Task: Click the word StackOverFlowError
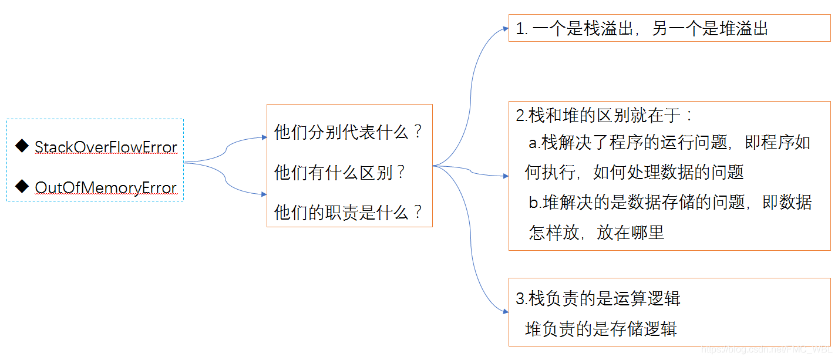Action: tap(106, 147)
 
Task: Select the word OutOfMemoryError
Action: tap(106, 187)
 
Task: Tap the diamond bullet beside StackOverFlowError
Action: tap(22, 146)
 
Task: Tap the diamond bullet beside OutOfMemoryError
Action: tap(22, 186)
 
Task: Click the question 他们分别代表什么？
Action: tap(348, 132)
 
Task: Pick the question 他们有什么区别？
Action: tap(339, 173)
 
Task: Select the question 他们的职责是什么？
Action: tap(348, 213)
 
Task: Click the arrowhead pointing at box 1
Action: tap(506, 28)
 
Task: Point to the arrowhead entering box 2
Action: tap(506, 176)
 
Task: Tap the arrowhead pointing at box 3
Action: tap(506, 311)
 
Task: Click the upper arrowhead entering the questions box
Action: tap(264, 137)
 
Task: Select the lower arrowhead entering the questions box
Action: tap(264, 194)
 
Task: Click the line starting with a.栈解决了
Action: tap(669, 143)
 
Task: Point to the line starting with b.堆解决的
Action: tap(670, 203)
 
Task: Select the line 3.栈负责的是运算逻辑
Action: tap(598, 298)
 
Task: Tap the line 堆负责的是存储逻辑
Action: tap(601, 329)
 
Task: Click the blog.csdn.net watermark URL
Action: tap(767, 349)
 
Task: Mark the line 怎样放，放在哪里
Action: tap(596, 233)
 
